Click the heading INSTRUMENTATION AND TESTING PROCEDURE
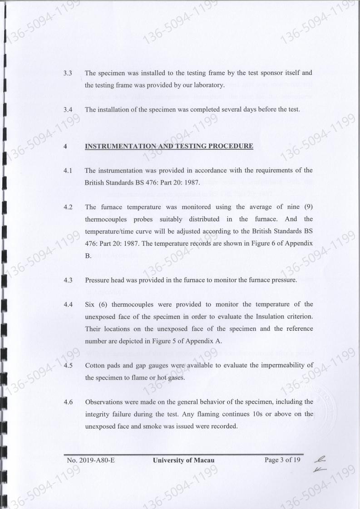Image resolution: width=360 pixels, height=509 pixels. [169, 147]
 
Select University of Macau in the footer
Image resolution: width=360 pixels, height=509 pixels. [183, 460]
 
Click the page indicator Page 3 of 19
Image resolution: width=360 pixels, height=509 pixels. [282, 460]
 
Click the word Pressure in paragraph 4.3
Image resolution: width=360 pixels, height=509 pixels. [98, 280]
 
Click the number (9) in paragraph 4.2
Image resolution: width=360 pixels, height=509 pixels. [305, 207]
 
